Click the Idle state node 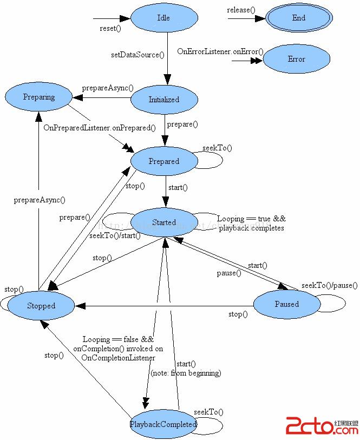coord(163,18)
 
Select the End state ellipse coord(299,18)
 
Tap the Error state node coord(296,59)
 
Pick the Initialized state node coord(164,100)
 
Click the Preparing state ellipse coord(39,97)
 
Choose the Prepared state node coord(163,161)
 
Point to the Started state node coord(163,222)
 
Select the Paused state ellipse coord(286,304)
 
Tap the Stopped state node coord(41,306)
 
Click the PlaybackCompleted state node coord(163,424)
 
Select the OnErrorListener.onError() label coord(220,51)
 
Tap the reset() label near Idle coord(110,28)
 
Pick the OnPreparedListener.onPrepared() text coord(100,128)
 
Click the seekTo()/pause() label coord(330,285)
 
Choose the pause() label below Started coord(229,273)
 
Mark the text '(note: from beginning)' coord(186,373)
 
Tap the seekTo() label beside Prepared coord(217,148)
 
